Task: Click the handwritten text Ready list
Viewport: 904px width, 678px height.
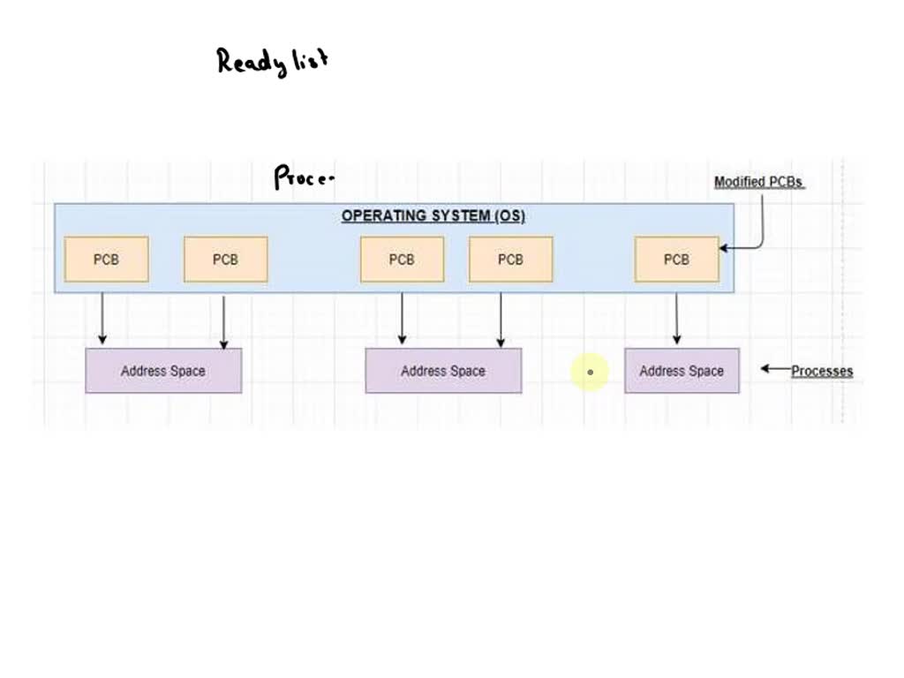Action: tap(273, 61)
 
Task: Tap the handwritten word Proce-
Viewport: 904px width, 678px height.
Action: tap(305, 177)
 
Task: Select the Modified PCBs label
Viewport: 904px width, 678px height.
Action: tap(758, 182)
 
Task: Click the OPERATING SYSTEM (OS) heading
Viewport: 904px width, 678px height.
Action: tap(433, 216)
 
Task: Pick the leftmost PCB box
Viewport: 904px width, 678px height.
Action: tap(106, 260)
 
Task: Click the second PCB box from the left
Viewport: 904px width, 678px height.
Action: tap(225, 260)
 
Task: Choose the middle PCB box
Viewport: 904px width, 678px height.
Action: tap(402, 260)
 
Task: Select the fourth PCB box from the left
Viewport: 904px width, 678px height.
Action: tap(510, 260)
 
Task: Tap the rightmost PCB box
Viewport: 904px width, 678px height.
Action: tap(676, 260)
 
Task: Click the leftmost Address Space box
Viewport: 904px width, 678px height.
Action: tap(163, 371)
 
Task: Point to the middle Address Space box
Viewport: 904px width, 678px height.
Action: tap(443, 371)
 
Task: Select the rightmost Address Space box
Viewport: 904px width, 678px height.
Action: tap(682, 371)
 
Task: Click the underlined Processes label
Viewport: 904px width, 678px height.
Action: tap(822, 371)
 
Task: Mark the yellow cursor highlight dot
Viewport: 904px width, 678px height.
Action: tap(590, 372)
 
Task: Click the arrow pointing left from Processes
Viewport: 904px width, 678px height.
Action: tap(774, 369)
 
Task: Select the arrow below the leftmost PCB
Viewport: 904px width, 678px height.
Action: tap(102, 318)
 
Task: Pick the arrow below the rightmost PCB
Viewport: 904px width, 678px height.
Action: tap(676, 318)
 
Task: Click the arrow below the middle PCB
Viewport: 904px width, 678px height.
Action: tap(402, 318)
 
